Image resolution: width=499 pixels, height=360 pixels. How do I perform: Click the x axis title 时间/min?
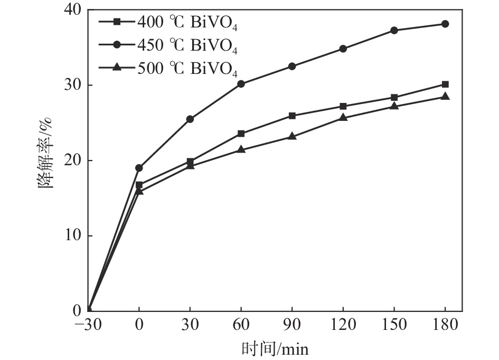click(275, 349)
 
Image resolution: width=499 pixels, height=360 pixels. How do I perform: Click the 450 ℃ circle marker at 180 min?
click(445, 24)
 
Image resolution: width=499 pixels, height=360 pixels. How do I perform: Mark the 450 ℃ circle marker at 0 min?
click(139, 168)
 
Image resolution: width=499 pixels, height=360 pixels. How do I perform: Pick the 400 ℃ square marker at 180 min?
click(445, 84)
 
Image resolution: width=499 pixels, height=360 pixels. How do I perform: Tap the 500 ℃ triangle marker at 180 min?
click(445, 96)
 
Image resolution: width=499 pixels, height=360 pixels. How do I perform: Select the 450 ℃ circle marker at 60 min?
click(241, 83)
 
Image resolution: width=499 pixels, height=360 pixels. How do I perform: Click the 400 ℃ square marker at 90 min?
click(292, 116)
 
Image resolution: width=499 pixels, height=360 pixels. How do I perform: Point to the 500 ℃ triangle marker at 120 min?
click(343, 117)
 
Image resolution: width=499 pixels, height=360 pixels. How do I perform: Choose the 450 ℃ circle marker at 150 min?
click(394, 30)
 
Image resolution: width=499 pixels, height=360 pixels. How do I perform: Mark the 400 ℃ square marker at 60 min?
click(241, 134)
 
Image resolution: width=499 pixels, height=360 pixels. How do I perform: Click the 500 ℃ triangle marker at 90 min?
click(292, 136)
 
